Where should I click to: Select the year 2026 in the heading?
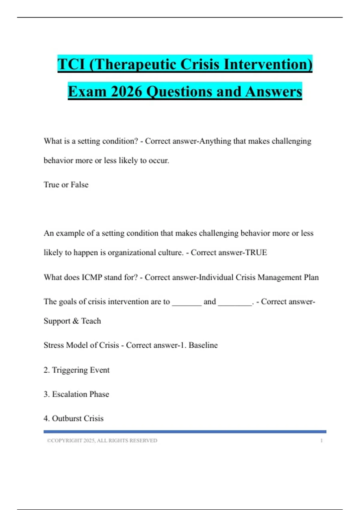coord(126,91)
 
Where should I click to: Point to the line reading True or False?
coord(66,184)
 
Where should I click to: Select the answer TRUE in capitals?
coord(256,253)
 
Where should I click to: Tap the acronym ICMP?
coord(92,277)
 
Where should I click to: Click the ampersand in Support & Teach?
coord(76,321)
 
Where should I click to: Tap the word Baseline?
coord(203,345)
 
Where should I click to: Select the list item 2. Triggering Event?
coord(76,370)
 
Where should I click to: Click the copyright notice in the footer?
coord(102,441)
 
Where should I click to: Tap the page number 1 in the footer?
coord(321,441)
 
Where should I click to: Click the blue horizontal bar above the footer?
coord(185,432)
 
